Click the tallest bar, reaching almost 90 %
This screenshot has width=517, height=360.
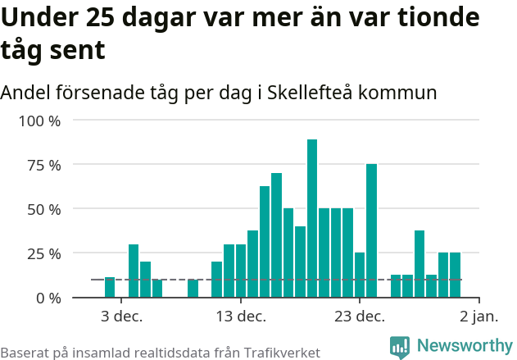click(x=312, y=218)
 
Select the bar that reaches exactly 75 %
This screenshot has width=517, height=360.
click(x=371, y=230)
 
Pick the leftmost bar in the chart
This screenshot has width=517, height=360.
click(x=110, y=287)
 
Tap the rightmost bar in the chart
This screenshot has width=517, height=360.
click(x=455, y=275)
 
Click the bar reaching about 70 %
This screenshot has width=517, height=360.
click(x=276, y=235)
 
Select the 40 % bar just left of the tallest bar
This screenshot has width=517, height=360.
click(x=300, y=262)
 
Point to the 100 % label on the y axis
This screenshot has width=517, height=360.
click(x=40, y=121)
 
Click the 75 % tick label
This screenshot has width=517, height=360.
click(x=43, y=165)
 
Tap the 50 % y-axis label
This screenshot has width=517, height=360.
click(x=43, y=209)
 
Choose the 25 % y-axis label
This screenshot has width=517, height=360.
click(x=43, y=253)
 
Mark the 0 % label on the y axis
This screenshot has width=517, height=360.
click(x=48, y=298)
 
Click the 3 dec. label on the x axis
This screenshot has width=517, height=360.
click(x=122, y=317)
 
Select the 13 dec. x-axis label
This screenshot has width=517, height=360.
click(x=240, y=317)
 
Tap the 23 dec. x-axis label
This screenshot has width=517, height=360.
click(x=359, y=317)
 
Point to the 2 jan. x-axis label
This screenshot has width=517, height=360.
click(x=478, y=317)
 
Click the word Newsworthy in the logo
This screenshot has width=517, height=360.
click(x=464, y=346)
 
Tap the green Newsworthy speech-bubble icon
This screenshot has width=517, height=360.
click(x=400, y=347)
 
